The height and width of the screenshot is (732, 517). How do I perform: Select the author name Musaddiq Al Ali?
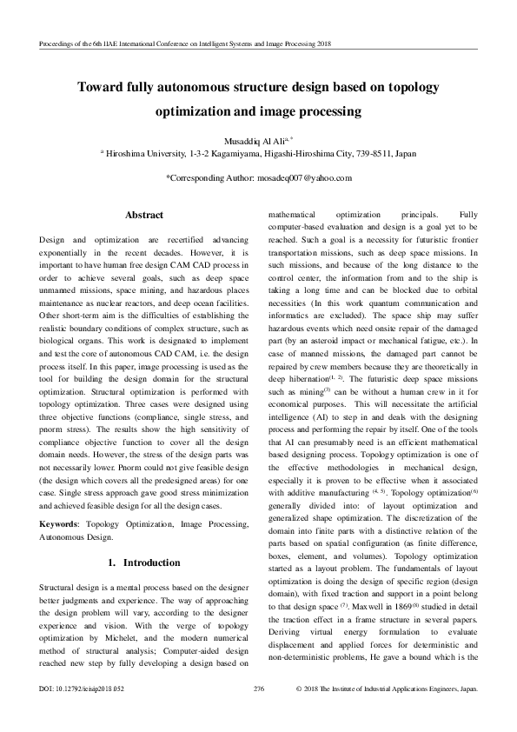point(253,140)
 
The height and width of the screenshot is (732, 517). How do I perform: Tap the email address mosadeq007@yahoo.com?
point(302,177)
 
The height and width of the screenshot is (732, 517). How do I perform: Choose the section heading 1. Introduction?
point(143,538)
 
